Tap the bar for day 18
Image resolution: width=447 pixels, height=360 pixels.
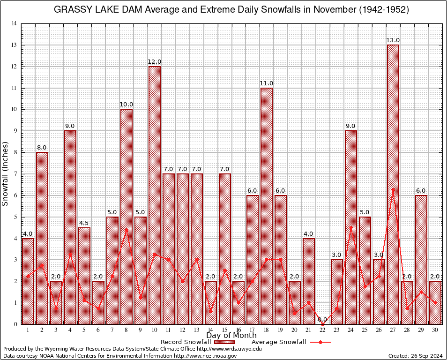tap(267, 206)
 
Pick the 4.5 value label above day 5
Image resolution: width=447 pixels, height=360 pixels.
tap(84, 223)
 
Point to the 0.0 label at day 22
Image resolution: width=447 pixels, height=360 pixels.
tap(323, 319)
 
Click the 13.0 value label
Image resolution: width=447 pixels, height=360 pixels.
tap(393, 40)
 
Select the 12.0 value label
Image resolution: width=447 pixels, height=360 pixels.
tap(155, 62)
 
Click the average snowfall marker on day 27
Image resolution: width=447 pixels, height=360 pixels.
tap(393, 189)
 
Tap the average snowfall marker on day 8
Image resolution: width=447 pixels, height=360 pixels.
tap(127, 229)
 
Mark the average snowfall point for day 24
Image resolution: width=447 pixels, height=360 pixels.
tap(351, 227)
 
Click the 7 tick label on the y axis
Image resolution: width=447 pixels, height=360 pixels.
tap(15, 174)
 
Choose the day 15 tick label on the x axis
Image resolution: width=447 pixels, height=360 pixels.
tap(224, 330)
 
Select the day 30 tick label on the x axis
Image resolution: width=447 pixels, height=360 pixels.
tap(435, 330)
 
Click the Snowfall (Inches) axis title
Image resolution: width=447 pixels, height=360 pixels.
tap(6, 173)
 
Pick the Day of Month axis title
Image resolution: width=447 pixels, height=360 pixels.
tap(231, 336)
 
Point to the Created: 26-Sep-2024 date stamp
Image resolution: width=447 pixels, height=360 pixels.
tap(416, 356)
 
